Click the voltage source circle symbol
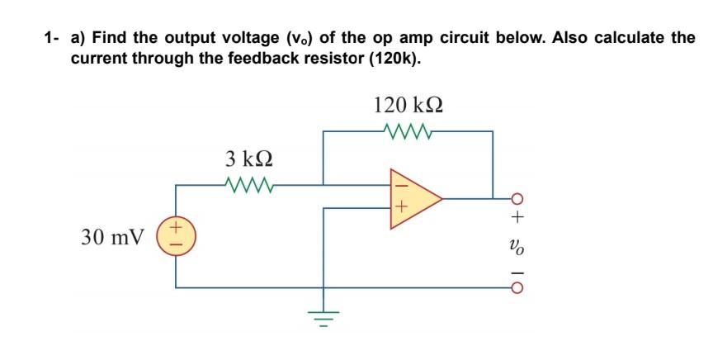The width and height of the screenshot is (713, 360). [176, 236]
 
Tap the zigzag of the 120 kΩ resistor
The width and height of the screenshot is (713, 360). [410, 130]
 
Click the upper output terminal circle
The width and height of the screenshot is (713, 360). [517, 198]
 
